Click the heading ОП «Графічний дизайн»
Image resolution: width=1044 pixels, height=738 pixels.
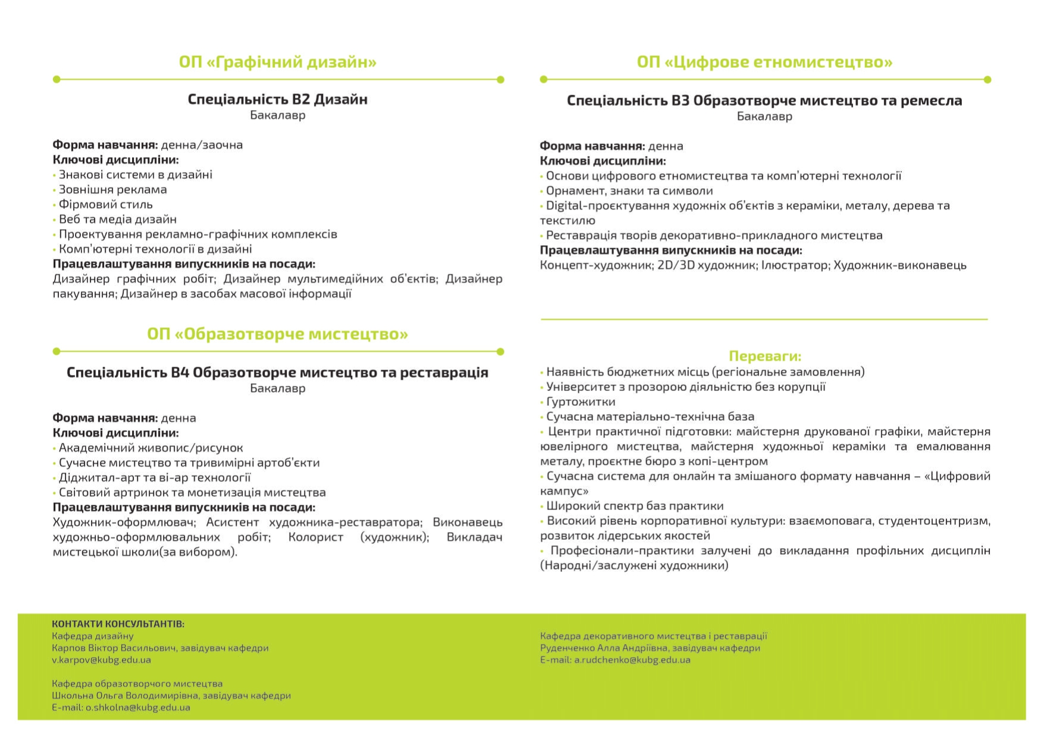(277, 62)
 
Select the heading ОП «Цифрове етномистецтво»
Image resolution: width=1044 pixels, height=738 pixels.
(764, 62)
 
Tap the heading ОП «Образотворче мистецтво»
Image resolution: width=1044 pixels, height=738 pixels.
(277, 334)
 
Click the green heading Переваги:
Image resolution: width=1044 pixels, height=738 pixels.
(765, 356)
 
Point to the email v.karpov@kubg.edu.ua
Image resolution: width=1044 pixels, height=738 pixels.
(101, 659)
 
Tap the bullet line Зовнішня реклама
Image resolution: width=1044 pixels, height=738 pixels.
(112, 189)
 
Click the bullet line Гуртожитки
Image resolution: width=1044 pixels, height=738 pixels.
(581, 401)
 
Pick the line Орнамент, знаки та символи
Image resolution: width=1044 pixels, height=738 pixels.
(629, 190)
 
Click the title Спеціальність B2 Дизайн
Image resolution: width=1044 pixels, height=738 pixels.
(277, 99)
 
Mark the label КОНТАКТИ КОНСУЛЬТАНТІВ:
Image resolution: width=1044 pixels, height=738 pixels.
(118, 624)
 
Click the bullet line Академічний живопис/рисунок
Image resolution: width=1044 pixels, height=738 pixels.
(151, 448)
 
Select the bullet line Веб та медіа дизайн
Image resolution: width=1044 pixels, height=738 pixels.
(117, 219)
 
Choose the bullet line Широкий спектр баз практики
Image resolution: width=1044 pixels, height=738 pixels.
(635, 505)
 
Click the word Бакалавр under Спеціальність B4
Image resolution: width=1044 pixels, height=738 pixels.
(277, 388)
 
